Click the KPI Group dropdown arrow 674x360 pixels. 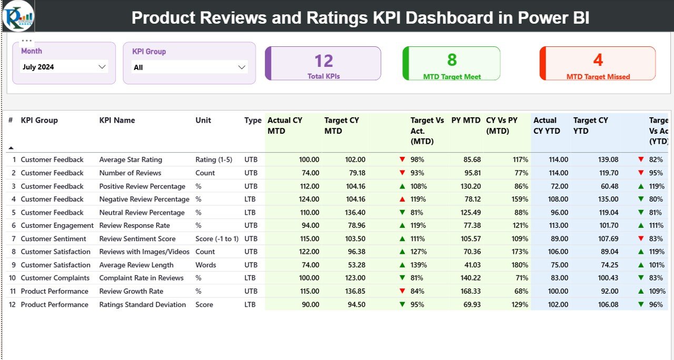[242, 67]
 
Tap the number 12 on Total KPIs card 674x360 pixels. [323, 61]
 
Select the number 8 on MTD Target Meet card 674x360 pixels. [452, 60]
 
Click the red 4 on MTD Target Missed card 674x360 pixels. [598, 60]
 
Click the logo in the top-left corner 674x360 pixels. [18, 16]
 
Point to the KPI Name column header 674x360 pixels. [117, 121]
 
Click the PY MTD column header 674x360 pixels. [465, 121]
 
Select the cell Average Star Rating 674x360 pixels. [131, 159]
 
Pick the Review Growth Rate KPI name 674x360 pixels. [131, 291]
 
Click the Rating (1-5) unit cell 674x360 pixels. [213, 159]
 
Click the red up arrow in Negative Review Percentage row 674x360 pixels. [402, 199]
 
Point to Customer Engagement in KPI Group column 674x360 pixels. [57, 225]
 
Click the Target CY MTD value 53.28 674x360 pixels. [354, 265]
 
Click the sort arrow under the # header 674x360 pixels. [11, 148]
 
